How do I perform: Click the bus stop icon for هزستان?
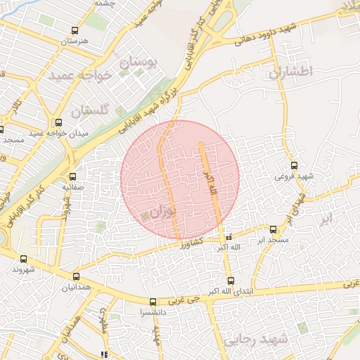point(75,30)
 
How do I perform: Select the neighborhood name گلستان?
point(92,110)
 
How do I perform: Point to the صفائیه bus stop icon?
point(73,176)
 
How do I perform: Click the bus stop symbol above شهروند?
point(24,259)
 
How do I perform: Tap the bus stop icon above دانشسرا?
point(153,302)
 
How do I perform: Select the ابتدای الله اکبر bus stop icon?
point(231,281)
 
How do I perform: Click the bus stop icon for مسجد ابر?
point(274,229)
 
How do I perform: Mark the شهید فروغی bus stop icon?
point(294,165)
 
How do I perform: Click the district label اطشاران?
point(288,72)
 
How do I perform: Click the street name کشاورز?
point(190,243)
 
